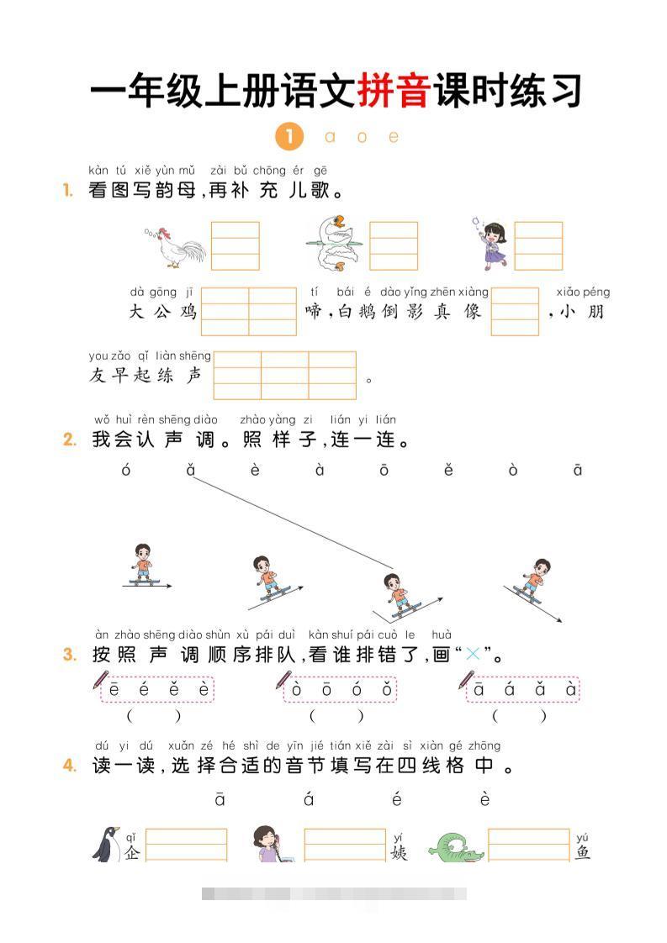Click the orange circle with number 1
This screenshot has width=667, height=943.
tap(289, 136)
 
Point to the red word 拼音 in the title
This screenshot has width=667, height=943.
tap(394, 91)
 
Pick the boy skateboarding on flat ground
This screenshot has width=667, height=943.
tap(143, 565)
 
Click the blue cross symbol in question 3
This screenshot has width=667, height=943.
tap(475, 654)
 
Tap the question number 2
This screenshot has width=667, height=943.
tap(70, 440)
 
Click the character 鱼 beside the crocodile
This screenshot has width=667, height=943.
tap(583, 852)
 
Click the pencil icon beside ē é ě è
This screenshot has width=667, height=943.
tap(100, 679)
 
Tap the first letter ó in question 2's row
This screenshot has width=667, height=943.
tap(126, 471)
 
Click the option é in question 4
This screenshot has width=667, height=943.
tap(397, 800)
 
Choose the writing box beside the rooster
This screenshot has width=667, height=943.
tap(235, 245)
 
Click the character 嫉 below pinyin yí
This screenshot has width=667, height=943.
tap(398, 852)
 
